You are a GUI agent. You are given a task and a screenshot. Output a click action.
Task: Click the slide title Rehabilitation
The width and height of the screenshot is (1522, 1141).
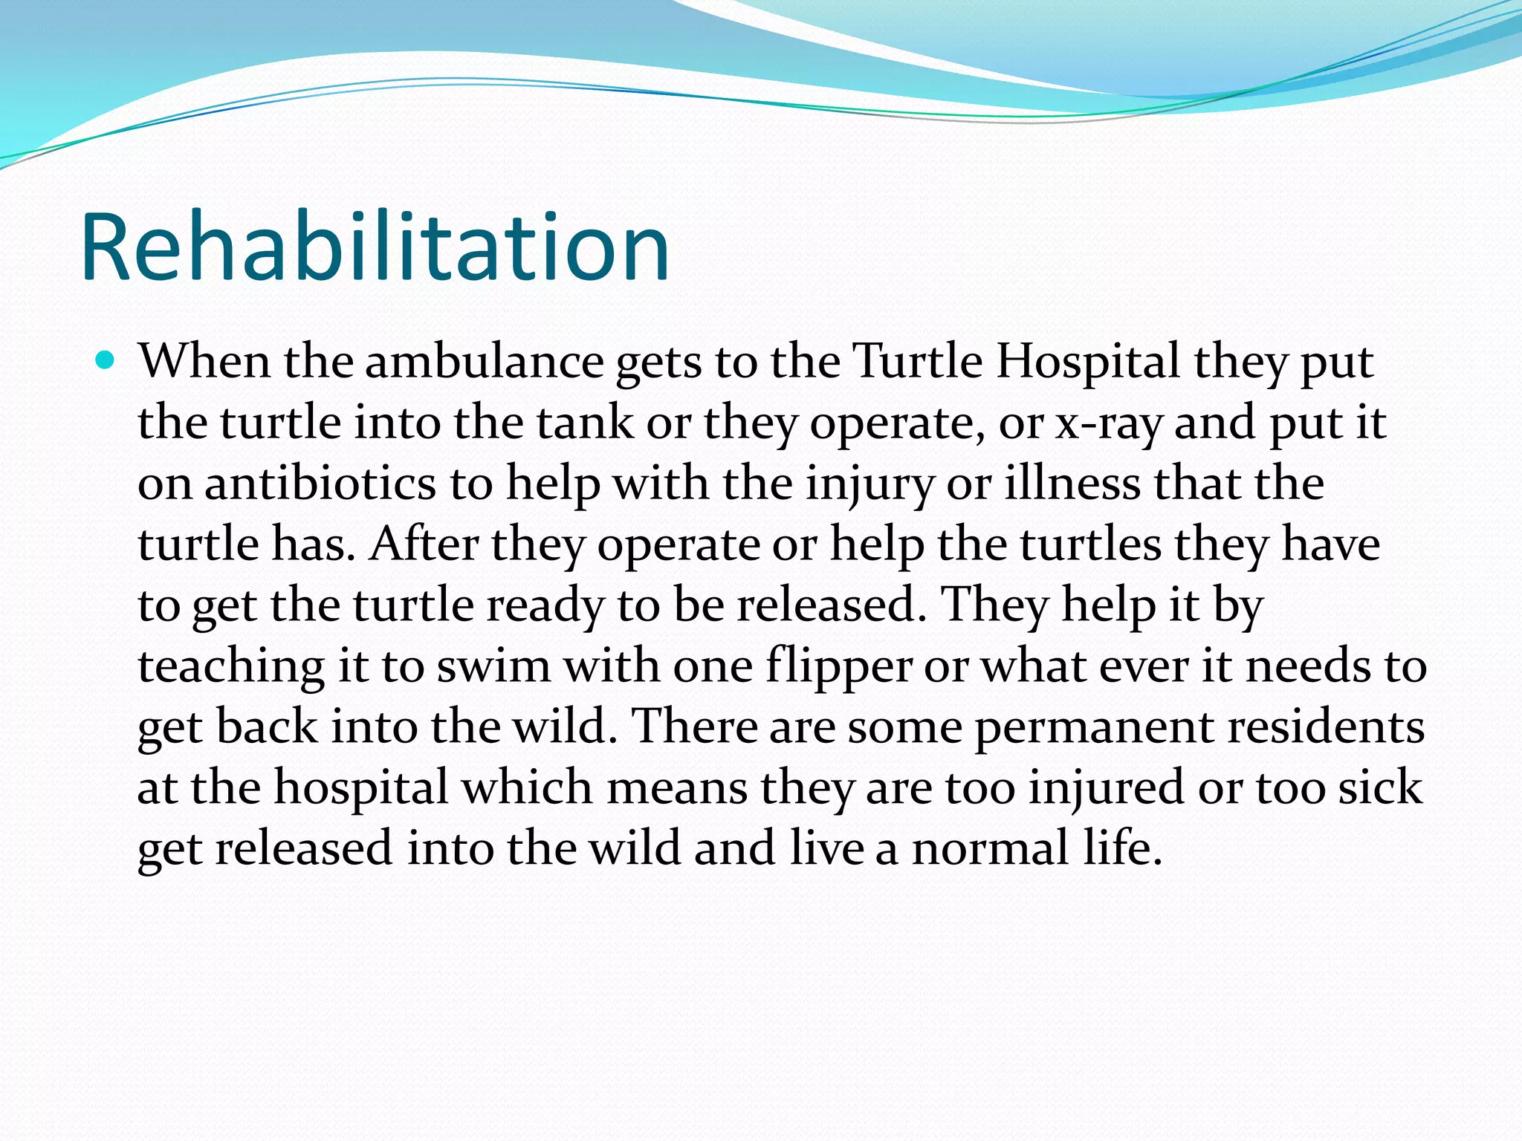(375, 247)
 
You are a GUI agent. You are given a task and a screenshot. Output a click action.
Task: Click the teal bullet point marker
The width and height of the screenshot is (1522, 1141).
(106, 362)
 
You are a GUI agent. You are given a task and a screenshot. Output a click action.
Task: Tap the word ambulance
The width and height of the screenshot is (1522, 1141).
(484, 362)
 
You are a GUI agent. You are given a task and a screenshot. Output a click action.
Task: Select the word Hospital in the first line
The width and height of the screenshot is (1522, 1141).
(1087, 362)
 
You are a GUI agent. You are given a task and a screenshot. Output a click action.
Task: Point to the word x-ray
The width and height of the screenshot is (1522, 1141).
(1108, 423)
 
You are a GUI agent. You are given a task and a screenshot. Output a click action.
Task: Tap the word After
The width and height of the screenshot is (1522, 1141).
(424, 545)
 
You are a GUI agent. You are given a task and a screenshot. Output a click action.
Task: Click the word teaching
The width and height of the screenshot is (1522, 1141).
(231, 666)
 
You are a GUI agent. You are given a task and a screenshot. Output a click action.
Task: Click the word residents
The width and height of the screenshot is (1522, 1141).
(1326, 726)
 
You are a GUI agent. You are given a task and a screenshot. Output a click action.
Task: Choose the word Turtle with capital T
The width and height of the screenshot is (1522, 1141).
(918, 362)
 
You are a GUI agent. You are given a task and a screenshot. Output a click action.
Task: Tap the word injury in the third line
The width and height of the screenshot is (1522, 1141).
(870, 484)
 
